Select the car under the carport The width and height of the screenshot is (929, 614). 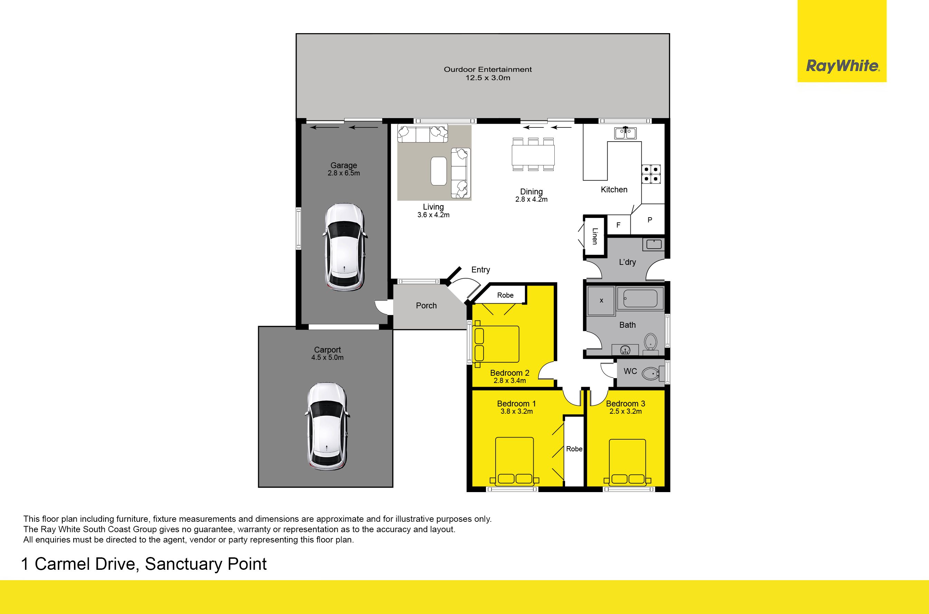(x=327, y=426)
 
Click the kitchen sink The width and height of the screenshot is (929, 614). (x=625, y=133)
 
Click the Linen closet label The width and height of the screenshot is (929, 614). (x=595, y=236)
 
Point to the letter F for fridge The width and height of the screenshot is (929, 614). (x=618, y=225)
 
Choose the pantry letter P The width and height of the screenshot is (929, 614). (x=650, y=220)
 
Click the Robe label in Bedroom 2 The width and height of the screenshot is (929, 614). (x=505, y=295)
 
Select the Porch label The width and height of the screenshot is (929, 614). (x=426, y=305)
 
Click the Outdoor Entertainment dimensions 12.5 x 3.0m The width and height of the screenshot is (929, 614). (x=488, y=78)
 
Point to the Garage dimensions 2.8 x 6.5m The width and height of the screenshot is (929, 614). (x=344, y=173)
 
